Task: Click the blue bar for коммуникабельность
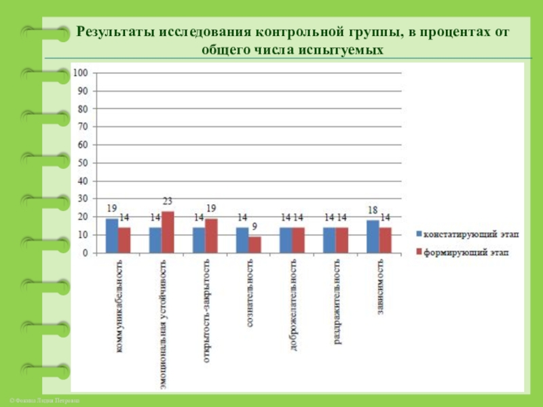pyautogui.click(x=112, y=235)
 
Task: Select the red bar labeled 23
pyautogui.click(x=168, y=232)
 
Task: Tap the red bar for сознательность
pyautogui.click(x=255, y=245)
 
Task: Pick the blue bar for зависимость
pyautogui.click(x=373, y=236)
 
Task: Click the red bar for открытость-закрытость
pyautogui.click(x=211, y=235)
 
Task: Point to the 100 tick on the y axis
pyautogui.click(x=81, y=73)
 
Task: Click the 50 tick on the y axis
pyautogui.click(x=83, y=163)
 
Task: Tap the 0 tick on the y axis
pyautogui.click(x=86, y=253)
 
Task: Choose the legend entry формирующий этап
pyautogui.click(x=466, y=252)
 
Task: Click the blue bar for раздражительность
pyautogui.click(x=329, y=240)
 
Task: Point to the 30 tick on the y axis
pyautogui.click(x=83, y=199)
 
